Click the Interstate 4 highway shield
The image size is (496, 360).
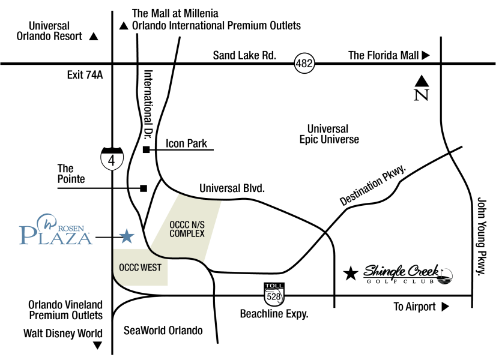112,158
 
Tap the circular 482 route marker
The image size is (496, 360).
304,63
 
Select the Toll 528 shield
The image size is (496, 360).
274,295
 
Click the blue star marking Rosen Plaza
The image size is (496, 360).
127,236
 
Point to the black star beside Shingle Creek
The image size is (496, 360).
351,274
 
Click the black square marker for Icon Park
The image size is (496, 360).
146,149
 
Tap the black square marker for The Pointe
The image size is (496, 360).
144,188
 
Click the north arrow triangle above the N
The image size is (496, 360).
422,81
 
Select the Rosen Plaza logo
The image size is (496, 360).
56,229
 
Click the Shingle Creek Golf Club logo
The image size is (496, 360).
408,274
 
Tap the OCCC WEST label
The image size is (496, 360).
140,268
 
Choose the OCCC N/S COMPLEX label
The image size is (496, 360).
187,229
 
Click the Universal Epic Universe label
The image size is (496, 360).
329,134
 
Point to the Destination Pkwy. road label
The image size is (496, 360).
373,185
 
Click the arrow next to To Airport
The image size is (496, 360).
446,307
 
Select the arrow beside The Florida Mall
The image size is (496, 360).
426,55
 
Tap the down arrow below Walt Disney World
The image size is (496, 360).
98,346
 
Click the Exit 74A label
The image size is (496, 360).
85,75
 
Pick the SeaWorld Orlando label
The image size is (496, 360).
163,331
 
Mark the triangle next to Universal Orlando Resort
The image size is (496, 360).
94,37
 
